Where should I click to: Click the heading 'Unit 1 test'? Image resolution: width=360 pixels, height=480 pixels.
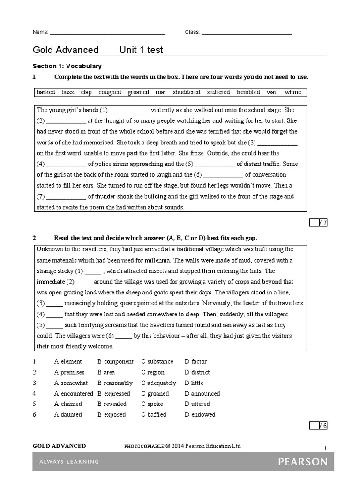pos(141,50)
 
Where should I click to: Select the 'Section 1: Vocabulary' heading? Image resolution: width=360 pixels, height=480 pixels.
pos(67,67)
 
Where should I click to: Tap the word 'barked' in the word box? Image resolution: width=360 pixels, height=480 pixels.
pos(46,92)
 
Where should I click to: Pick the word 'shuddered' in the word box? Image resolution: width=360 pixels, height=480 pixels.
pos(187,92)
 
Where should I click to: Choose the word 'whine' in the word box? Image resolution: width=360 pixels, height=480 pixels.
pos(293,92)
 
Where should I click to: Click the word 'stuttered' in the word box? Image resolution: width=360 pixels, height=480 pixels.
pos(218,92)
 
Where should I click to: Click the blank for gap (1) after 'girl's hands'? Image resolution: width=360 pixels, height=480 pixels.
pos(129,111)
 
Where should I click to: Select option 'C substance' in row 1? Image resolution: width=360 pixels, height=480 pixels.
pos(157,361)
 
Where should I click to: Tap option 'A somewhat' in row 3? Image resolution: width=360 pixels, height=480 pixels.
pos(71,383)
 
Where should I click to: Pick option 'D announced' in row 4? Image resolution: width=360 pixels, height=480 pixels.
pos(202,394)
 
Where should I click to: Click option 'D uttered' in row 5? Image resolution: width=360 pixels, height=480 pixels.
pos(197,404)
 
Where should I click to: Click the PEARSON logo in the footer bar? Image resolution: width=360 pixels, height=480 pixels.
pos(303,462)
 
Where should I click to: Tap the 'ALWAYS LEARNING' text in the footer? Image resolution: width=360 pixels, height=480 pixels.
pos(66,462)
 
